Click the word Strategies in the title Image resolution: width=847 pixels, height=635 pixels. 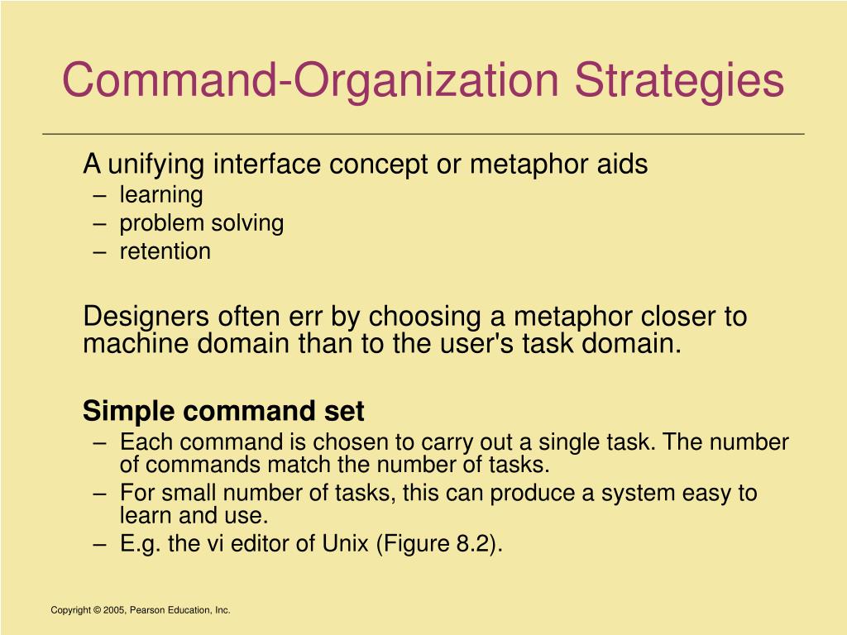(680, 81)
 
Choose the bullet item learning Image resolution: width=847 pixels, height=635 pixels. (161, 195)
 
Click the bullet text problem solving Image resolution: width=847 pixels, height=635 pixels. (202, 223)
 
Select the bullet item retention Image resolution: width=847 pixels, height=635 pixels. (165, 251)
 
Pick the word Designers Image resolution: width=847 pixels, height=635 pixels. (146, 317)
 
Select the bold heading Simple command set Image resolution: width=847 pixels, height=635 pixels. (223, 411)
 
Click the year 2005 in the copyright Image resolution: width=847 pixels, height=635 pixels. (114, 610)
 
